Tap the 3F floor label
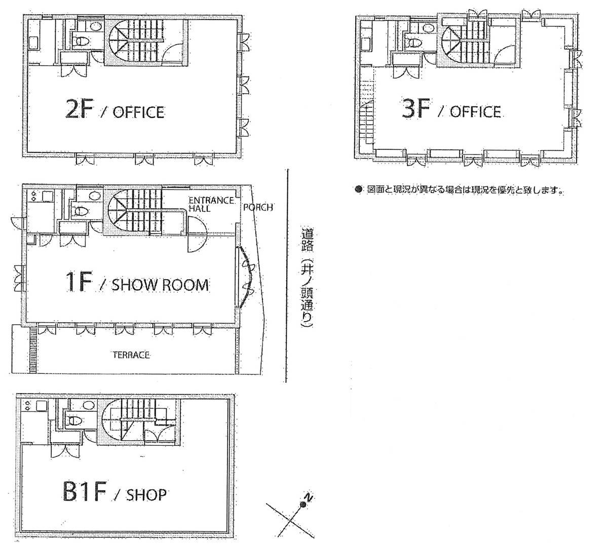click(x=415, y=109)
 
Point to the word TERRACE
click(x=131, y=355)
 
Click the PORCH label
click(x=258, y=207)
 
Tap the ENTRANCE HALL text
click(x=211, y=205)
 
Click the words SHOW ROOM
click(x=160, y=285)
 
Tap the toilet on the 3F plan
click(x=413, y=43)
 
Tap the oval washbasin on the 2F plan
click(x=95, y=27)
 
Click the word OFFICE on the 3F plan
click(x=475, y=111)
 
